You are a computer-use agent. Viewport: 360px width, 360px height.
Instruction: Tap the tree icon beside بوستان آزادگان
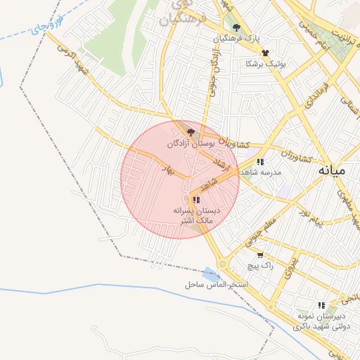(x=191, y=131)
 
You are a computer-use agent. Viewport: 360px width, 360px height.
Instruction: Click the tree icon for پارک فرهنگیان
(x=236, y=27)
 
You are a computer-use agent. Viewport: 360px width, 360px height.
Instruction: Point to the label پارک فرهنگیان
(x=238, y=38)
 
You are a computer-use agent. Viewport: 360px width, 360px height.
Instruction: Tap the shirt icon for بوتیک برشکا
(x=265, y=53)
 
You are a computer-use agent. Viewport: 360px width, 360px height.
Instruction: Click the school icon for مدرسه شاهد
(x=260, y=162)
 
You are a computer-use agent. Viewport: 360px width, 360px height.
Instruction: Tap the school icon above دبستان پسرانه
(x=196, y=200)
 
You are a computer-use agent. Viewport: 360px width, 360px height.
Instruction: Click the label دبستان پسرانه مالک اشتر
(x=197, y=216)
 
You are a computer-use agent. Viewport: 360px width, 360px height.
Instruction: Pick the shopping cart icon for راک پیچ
(x=260, y=255)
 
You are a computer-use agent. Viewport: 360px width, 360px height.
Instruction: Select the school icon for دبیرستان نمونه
(x=321, y=305)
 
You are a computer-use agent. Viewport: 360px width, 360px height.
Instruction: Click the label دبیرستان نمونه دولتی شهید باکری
(x=321, y=321)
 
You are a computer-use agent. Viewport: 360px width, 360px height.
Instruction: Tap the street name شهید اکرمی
(x=71, y=58)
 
